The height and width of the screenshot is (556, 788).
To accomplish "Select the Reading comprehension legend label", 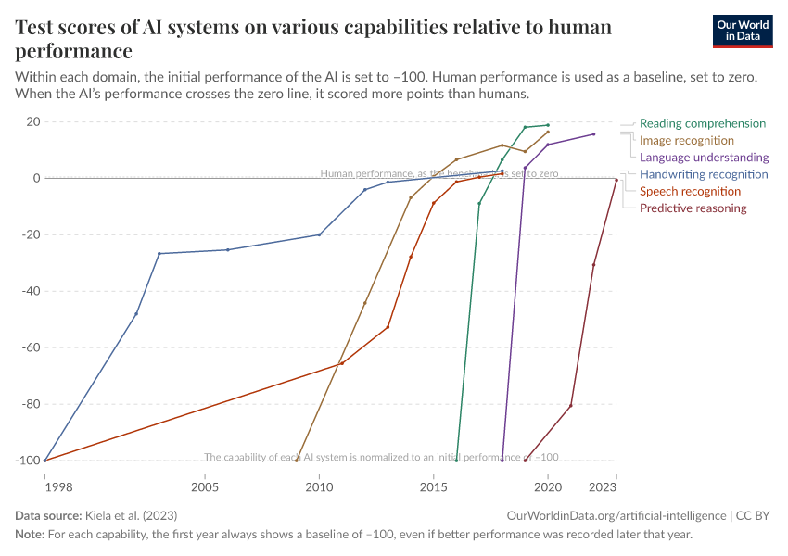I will point(703,123).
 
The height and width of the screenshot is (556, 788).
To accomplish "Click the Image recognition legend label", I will point(687,140).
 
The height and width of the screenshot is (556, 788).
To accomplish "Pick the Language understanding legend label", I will point(705,158).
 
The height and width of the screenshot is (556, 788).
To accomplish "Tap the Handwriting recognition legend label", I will point(704,174).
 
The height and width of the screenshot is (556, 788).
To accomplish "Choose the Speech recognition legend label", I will point(691,191).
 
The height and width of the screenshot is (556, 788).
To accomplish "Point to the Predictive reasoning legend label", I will point(693,208).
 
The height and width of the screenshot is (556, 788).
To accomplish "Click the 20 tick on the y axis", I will point(32,121).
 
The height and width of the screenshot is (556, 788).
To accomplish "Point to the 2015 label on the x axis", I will point(433,486).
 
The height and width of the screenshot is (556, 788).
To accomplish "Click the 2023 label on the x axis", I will point(603,486).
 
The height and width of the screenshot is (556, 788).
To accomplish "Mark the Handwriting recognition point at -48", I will point(136,314).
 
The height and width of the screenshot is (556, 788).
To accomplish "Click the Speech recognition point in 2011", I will point(341,363).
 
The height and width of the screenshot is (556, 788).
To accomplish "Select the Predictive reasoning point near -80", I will point(571,405).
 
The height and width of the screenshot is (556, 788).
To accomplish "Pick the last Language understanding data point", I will point(594,134).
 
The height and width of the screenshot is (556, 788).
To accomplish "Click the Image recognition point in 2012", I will point(364,303).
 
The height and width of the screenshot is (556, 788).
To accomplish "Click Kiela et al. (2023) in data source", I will point(131,515).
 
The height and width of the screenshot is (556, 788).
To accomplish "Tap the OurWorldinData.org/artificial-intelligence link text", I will point(616,515).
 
